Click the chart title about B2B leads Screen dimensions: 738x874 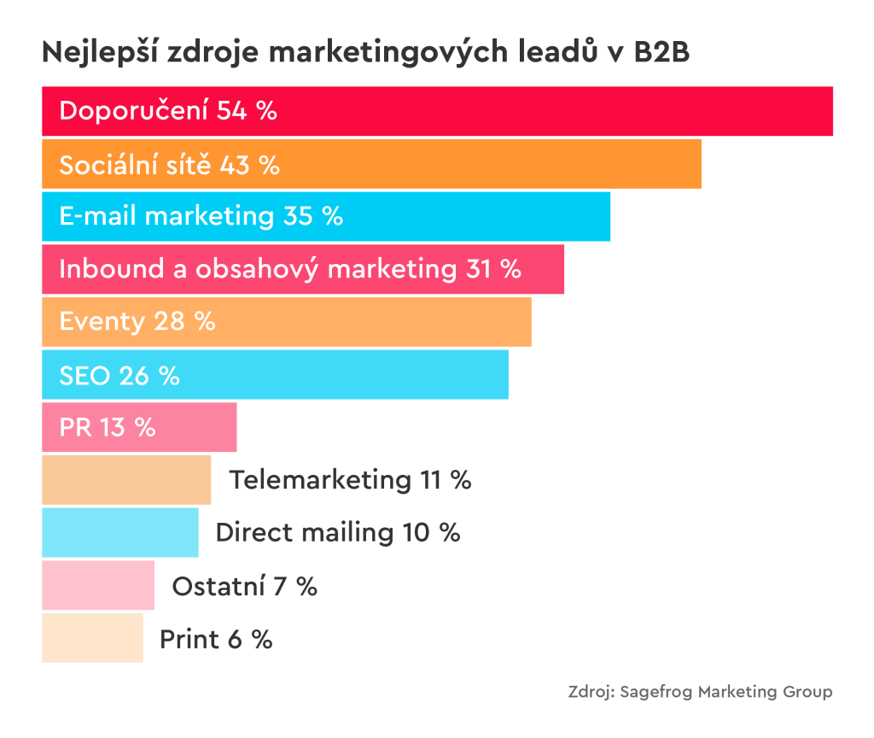[x=365, y=52]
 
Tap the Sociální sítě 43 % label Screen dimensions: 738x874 [x=169, y=164]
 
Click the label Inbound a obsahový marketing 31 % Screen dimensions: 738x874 [x=289, y=269]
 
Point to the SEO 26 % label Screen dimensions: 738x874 [x=119, y=375]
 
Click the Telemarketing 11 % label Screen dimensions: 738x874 [x=350, y=480]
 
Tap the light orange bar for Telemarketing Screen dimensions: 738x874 [x=126, y=480]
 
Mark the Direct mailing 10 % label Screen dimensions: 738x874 [x=338, y=533]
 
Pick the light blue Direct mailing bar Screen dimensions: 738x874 [x=119, y=533]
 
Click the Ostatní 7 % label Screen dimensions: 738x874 [x=244, y=586]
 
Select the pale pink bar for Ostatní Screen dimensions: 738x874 [x=97, y=586]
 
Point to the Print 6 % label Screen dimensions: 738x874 [x=216, y=639]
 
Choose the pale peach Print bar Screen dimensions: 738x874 [x=92, y=639]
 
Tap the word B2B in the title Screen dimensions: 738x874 [x=661, y=52]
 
